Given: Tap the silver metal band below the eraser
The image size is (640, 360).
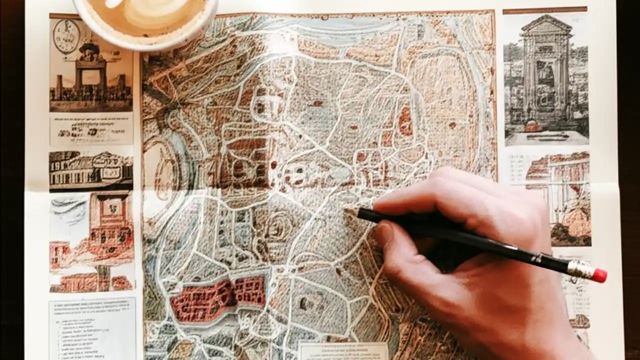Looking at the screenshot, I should pos(580,269).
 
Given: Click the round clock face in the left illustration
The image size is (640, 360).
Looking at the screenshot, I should pos(66,36).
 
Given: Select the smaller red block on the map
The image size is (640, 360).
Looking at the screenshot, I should pos(250,291).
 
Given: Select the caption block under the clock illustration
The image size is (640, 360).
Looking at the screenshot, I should pos(91,129).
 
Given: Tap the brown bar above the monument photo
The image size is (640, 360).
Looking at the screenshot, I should pos(545,9).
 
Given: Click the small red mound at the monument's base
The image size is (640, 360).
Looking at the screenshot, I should pos(533,126).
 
